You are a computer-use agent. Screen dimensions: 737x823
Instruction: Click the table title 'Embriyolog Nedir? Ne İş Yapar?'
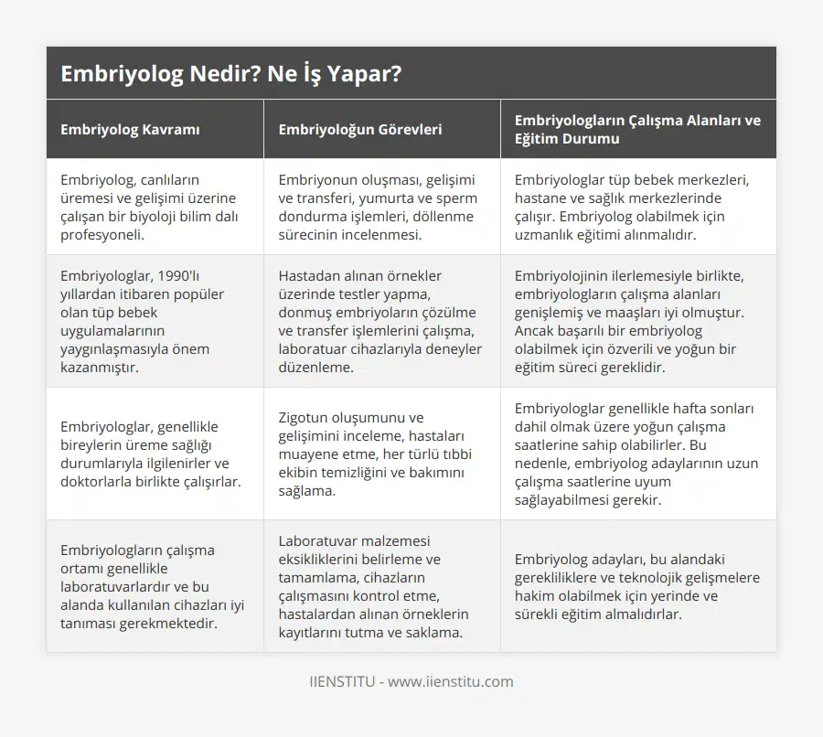[x=230, y=74]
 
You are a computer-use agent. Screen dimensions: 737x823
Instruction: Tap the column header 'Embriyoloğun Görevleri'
[x=359, y=129]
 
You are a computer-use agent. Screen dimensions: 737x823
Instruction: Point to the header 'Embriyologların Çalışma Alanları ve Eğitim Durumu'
[x=637, y=129]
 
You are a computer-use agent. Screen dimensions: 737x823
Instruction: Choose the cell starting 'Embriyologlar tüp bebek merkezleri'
[x=631, y=207]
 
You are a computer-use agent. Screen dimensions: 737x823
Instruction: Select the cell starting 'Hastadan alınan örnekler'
[x=379, y=321]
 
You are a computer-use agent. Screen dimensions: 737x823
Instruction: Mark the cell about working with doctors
[x=150, y=454]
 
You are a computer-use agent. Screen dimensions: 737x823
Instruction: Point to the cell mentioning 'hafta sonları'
[x=636, y=454]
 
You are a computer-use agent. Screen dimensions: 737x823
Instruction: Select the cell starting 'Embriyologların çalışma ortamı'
[x=150, y=586]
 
